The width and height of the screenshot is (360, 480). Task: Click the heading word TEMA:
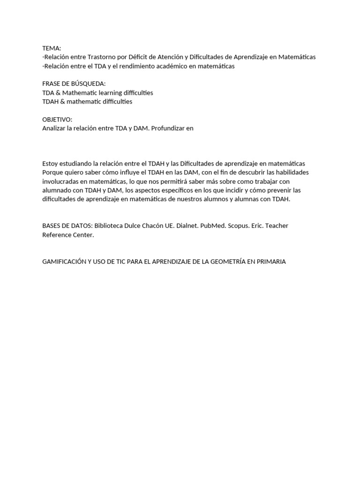pyautogui.click(x=52, y=48)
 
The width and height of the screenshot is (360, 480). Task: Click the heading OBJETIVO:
pyautogui.click(x=57, y=120)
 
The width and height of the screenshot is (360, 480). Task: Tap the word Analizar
pyautogui.click(x=55, y=128)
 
